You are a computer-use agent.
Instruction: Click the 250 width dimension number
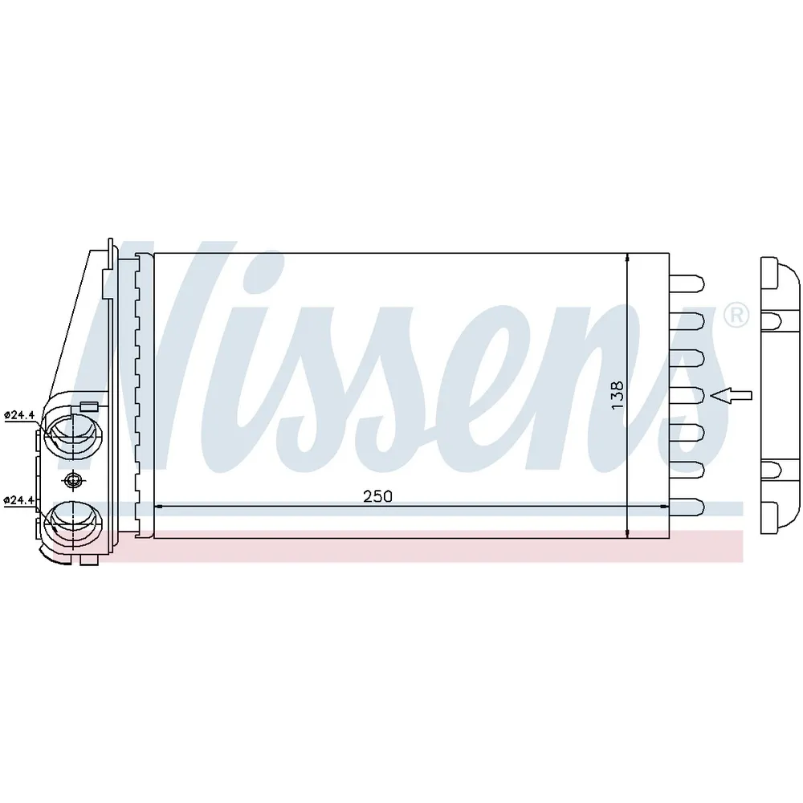[x=377, y=496]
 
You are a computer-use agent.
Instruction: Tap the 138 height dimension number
[x=618, y=394]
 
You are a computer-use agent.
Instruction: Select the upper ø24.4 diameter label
[x=19, y=415]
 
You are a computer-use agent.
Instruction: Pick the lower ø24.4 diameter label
[x=19, y=500]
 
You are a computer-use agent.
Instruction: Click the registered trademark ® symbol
[x=736, y=316]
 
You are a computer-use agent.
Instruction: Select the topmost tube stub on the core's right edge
[x=687, y=283]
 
